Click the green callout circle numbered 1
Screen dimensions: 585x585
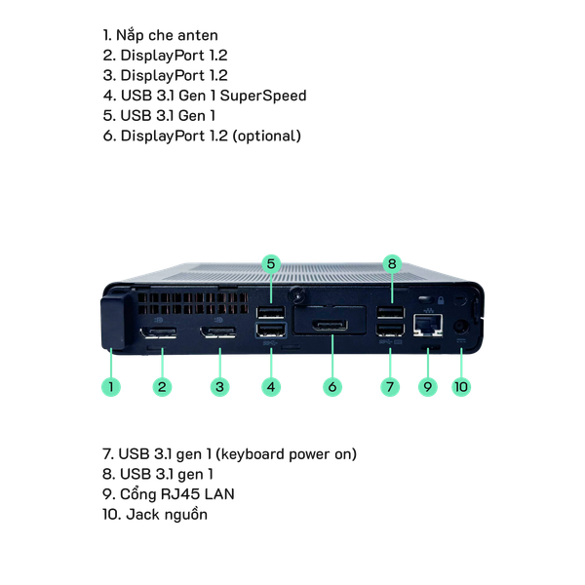coord(112,386)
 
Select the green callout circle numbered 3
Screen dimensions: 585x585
coord(221,386)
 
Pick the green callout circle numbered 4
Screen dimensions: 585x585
coord(272,386)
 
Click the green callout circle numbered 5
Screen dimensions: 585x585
coord(272,262)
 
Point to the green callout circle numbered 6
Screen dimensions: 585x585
coord(332,386)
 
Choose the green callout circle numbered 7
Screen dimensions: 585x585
coord(390,386)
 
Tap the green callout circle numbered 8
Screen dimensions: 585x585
coord(391,262)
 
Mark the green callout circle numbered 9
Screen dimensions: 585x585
coord(426,386)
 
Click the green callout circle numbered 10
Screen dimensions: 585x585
coord(461,386)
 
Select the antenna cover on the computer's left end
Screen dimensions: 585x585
coord(114,320)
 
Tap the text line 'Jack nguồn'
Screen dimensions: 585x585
coord(154,514)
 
